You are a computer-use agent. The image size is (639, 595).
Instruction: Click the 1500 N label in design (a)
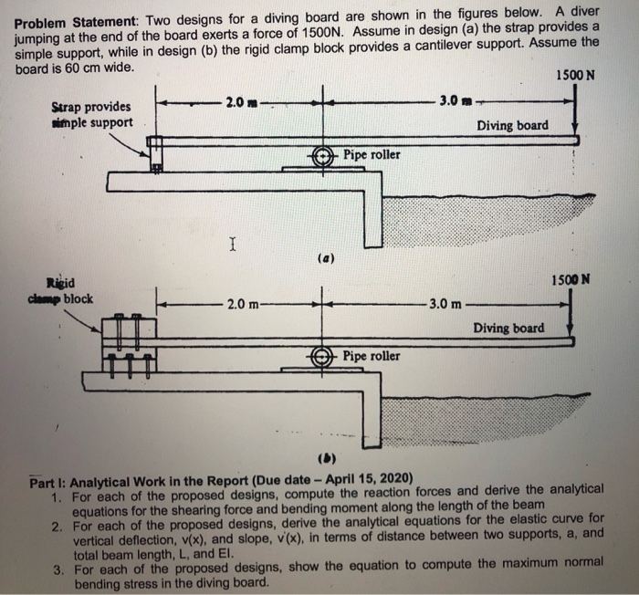pyautogui.click(x=575, y=76)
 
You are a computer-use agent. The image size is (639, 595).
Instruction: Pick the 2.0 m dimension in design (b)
pyautogui.click(x=242, y=302)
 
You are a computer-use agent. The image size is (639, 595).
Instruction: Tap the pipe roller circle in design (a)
pyautogui.click(x=323, y=156)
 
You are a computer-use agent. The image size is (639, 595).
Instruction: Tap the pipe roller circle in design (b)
pyautogui.click(x=323, y=357)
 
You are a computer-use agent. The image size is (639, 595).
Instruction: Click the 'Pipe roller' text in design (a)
pyautogui.click(x=372, y=155)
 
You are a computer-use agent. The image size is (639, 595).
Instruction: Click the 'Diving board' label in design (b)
pyautogui.click(x=508, y=328)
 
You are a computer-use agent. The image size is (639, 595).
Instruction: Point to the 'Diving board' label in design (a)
pyautogui.click(x=513, y=125)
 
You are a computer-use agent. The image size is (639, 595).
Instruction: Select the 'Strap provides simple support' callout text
pyautogui.click(x=92, y=115)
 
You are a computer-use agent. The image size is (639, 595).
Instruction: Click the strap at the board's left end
pyautogui.click(x=156, y=154)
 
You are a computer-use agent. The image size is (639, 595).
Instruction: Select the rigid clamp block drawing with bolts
pyautogui.click(x=130, y=343)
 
